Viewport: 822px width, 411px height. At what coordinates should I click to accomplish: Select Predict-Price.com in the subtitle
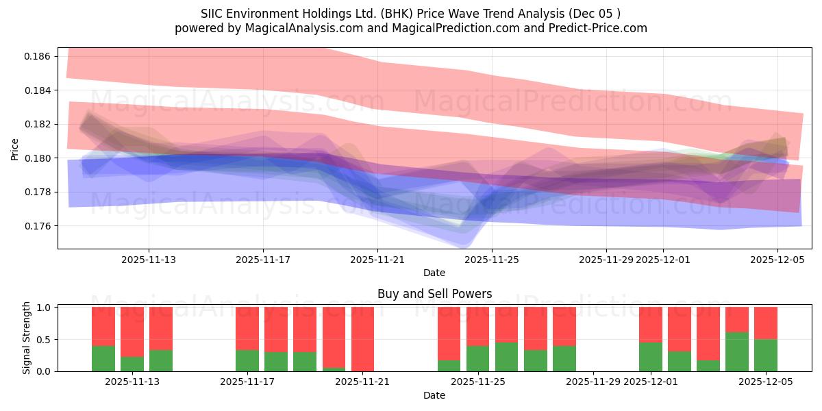pyautogui.click(x=600, y=28)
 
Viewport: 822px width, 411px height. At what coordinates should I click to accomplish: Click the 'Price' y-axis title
pyautogui.click(x=15, y=148)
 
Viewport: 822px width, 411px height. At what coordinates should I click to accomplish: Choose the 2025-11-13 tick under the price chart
pyautogui.click(x=149, y=260)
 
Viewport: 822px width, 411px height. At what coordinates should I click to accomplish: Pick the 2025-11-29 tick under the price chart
pyautogui.click(x=606, y=260)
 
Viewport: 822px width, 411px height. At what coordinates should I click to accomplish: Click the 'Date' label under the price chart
pyautogui.click(x=434, y=273)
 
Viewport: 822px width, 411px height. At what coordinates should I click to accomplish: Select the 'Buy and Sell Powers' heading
pyautogui.click(x=434, y=294)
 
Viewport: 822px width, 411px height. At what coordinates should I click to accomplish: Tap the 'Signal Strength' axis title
pyautogui.click(x=27, y=338)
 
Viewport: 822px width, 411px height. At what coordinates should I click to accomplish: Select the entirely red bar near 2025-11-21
pyautogui.click(x=362, y=339)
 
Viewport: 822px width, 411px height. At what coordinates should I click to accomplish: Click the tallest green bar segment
pyautogui.click(x=737, y=352)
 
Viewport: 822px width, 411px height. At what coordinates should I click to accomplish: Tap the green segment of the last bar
pyautogui.click(x=766, y=356)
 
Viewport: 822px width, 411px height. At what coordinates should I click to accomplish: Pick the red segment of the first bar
pyautogui.click(x=103, y=326)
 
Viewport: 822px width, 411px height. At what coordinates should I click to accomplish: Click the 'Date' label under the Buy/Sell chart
pyautogui.click(x=434, y=395)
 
